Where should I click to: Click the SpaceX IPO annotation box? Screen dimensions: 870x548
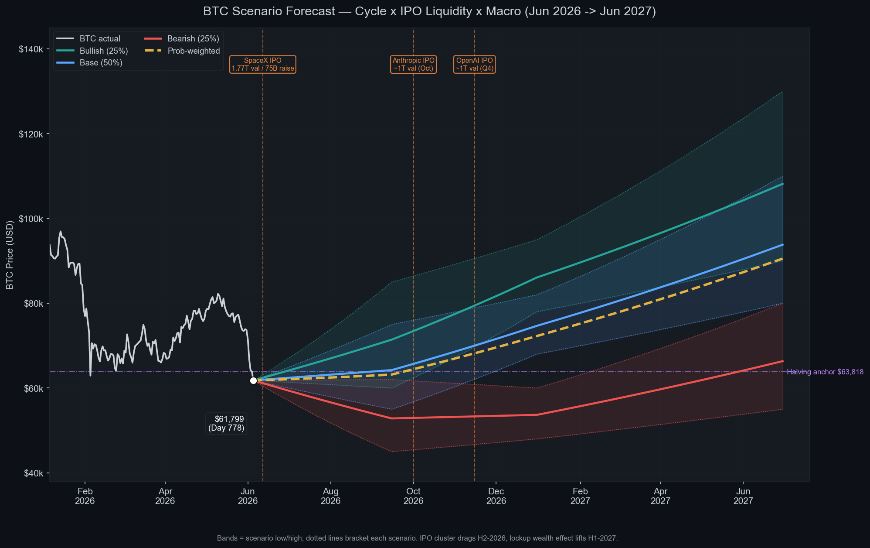263,65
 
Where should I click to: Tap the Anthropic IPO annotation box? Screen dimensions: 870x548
413,65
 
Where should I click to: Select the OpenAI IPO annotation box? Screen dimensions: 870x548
474,65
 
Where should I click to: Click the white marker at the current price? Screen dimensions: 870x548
253,380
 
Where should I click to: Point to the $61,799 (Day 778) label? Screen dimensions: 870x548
226,423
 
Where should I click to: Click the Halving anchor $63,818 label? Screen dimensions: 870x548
825,372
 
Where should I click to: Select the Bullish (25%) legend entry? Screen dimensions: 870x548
92,51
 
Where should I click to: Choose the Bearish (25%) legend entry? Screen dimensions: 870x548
182,39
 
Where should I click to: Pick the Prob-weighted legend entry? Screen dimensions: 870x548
182,51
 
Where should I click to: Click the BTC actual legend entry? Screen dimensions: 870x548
88,39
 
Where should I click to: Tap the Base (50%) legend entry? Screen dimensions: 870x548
90,63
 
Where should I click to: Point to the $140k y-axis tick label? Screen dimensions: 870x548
31,49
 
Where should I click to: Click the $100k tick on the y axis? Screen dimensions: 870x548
31,219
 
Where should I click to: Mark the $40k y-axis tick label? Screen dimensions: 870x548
33,473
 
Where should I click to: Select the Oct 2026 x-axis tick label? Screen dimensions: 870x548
413,496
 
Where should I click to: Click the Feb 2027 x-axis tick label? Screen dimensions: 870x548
580,496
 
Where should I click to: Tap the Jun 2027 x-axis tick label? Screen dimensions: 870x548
743,496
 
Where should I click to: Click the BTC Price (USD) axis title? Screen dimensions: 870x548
10,255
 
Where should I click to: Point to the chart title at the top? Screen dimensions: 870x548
429,11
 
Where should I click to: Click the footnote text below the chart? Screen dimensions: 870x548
417,538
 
